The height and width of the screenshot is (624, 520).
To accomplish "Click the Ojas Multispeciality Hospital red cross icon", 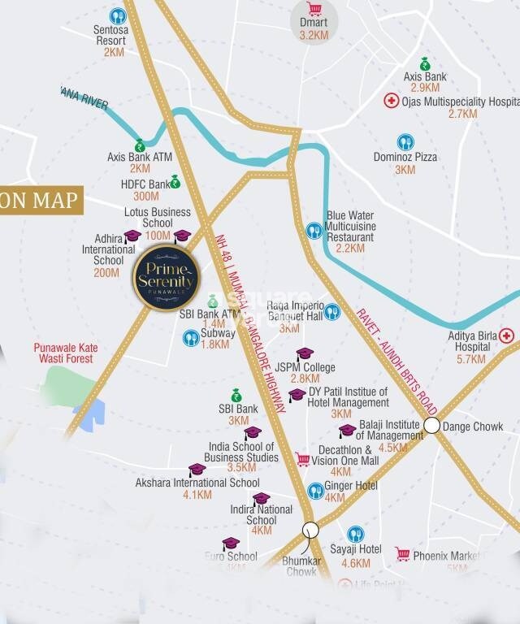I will [x=391, y=102].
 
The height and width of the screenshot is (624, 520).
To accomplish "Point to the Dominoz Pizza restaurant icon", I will [x=405, y=142].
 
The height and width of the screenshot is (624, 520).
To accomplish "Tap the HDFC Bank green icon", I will [x=175, y=182].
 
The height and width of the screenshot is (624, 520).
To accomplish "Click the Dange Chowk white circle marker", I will [x=432, y=425].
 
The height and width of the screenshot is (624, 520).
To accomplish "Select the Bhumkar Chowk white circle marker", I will [x=310, y=530].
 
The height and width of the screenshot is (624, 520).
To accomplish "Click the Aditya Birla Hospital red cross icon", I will [x=507, y=336].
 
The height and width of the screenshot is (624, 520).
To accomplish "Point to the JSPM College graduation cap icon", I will [x=304, y=354].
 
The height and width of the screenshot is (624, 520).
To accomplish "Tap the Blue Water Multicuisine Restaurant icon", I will [x=314, y=232].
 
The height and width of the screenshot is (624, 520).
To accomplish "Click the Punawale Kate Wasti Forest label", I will [x=65, y=353].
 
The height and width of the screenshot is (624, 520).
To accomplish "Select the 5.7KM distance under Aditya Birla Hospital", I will [x=471, y=359].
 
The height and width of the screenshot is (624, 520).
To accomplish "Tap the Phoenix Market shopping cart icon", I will [x=402, y=554].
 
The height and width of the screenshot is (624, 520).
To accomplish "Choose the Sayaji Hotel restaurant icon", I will [x=355, y=534].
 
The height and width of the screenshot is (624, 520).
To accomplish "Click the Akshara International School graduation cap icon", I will [x=197, y=470].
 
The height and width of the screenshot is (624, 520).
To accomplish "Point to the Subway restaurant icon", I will [x=191, y=337].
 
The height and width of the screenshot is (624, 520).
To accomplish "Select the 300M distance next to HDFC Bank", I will [x=145, y=196].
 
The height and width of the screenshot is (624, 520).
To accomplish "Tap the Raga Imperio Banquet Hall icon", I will [x=331, y=312].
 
